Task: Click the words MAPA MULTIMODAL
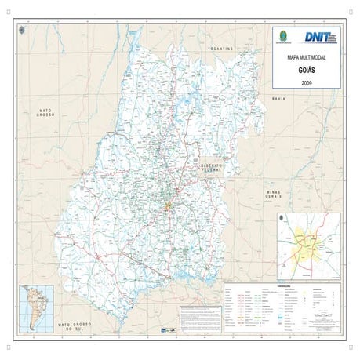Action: [x=306, y=57]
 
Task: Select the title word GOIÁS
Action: [x=306, y=69]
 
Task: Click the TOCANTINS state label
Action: [x=221, y=49]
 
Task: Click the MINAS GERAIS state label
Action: [x=273, y=194]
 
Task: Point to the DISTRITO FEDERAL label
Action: [x=213, y=169]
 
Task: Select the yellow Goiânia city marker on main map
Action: [x=167, y=206]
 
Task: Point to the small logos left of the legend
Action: [x=165, y=330]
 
